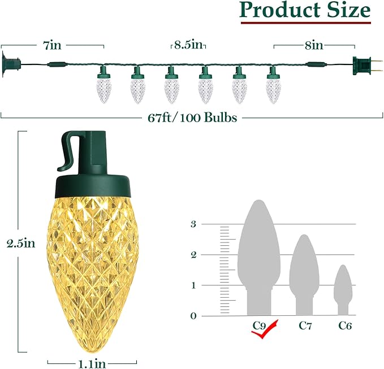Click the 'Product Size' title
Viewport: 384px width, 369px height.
point(305,10)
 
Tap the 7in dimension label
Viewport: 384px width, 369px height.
point(52,46)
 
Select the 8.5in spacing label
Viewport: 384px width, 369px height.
point(188,45)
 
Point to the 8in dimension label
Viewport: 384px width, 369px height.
point(314,46)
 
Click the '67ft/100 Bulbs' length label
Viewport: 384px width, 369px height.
point(192,118)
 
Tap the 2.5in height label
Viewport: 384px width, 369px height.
point(21,244)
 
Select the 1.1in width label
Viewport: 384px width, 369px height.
point(92,363)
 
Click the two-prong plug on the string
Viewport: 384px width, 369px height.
point(368,66)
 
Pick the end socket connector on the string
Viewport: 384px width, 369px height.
point(11,64)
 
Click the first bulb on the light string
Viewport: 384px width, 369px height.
point(103,85)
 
